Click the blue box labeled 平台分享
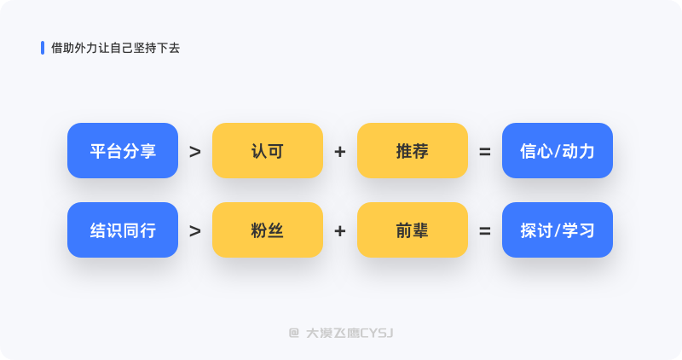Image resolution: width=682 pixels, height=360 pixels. tap(123, 151)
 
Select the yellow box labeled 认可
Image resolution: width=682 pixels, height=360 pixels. tap(268, 151)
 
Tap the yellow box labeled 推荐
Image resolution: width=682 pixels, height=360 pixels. tap(413, 151)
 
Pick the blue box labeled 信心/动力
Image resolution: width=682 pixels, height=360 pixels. tap(558, 151)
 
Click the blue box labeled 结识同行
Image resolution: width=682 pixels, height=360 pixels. tap(123, 229)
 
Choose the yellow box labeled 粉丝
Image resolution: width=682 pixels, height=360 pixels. tap(268, 229)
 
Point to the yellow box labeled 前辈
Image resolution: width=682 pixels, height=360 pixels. tap(413, 229)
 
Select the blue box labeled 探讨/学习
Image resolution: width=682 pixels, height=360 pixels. tap(558, 229)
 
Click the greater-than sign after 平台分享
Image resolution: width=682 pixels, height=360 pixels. tap(195, 152)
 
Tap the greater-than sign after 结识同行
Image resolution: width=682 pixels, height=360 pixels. tap(195, 231)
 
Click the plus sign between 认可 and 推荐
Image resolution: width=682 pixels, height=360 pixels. tap(340, 152)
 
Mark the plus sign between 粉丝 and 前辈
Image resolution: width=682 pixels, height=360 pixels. tap(340, 231)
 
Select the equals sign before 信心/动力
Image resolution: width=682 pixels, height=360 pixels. tap(485, 152)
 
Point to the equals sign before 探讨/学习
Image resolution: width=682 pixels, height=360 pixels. tap(485, 231)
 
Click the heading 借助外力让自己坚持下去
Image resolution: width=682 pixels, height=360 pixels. tap(116, 48)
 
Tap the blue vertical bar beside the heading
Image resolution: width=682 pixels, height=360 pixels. tap(43, 48)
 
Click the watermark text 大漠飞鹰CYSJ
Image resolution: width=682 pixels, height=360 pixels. tap(350, 334)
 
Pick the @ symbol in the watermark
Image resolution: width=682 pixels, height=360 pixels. tap(294, 334)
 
